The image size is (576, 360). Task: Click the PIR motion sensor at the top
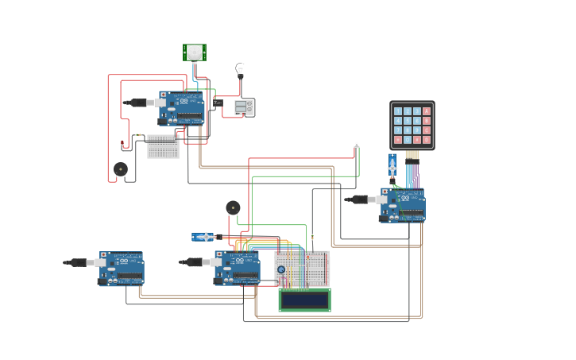tap(194, 52)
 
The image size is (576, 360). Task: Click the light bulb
tap(240, 70)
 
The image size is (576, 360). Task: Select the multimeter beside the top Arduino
tap(244, 107)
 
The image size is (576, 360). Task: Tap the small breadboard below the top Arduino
tap(163, 146)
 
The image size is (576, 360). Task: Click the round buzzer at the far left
tap(120, 168)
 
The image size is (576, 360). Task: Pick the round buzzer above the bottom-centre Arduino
tap(233, 207)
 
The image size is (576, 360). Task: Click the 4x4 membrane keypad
tap(412, 125)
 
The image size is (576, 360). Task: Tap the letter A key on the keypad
tap(427, 111)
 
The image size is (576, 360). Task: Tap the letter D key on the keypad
tap(427, 140)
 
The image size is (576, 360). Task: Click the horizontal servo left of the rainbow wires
tap(203, 237)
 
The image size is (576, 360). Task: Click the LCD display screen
tap(304, 300)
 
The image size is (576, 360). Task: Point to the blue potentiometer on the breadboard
tap(281, 270)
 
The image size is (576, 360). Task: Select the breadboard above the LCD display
tap(303, 268)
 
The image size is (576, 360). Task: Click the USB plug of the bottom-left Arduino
tap(78, 262)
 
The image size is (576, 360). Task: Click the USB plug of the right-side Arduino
tap(359, 199)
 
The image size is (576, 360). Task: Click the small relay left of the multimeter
tap(217, 103)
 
